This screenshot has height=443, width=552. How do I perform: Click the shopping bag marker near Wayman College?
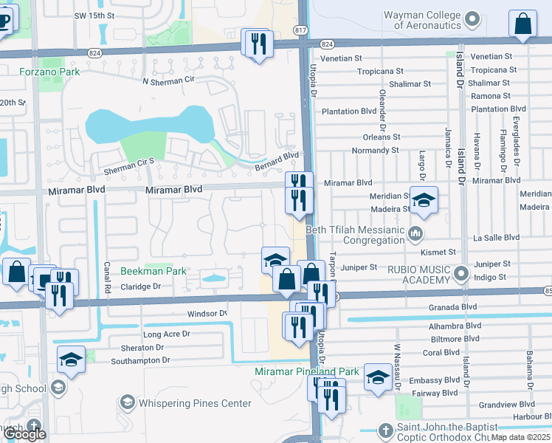[522, 24]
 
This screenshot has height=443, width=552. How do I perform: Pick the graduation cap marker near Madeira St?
[424, 200]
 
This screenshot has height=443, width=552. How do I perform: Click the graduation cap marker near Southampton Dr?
[71, 359]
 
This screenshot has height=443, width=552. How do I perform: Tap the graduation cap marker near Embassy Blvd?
[378, 377]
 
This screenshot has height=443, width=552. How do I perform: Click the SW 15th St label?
[97, 16]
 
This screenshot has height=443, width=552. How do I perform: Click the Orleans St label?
[382, 137]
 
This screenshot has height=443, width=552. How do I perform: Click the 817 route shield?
[300, 30]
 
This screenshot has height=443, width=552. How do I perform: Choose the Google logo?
[25, 434]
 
